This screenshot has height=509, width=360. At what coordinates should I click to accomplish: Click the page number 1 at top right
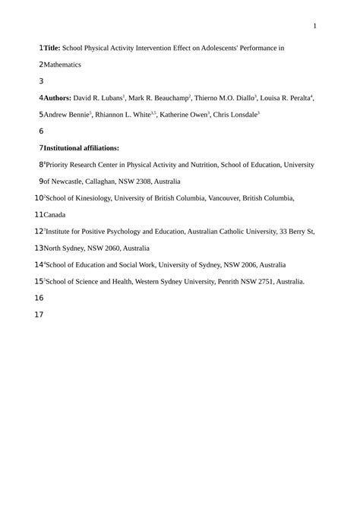(x=314, y=27)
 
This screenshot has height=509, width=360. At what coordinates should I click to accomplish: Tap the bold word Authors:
(x=57, y=98)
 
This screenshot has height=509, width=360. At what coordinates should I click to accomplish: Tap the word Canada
(x=55, y=215)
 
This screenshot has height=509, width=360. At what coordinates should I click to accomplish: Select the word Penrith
(x=227, y=281)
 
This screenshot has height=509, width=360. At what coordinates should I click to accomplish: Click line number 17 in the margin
(x=39, y=315)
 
